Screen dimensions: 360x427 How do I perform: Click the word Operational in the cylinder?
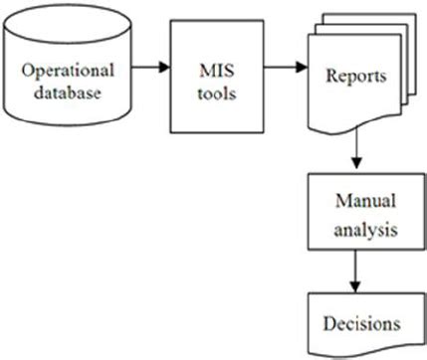70,72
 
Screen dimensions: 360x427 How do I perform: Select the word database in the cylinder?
70,94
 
